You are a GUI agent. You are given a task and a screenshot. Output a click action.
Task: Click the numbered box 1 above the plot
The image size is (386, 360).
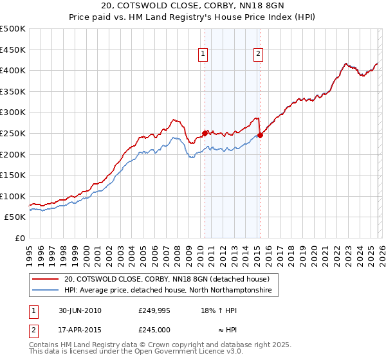pos(203,55)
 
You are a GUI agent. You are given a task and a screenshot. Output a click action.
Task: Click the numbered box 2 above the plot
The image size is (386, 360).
pos(258,55)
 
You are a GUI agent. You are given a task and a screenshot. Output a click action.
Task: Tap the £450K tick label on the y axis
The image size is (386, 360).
pos(13,50)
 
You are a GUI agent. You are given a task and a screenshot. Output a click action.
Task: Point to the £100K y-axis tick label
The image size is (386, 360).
pos(13,196)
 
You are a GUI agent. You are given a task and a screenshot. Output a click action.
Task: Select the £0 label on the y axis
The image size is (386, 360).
pos(20,238)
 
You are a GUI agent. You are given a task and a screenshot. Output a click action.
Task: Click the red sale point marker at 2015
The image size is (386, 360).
pos(261,135)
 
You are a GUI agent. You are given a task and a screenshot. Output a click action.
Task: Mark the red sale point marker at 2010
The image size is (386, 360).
pos(205,133)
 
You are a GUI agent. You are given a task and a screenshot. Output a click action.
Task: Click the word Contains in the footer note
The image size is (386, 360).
pos(45,346)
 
